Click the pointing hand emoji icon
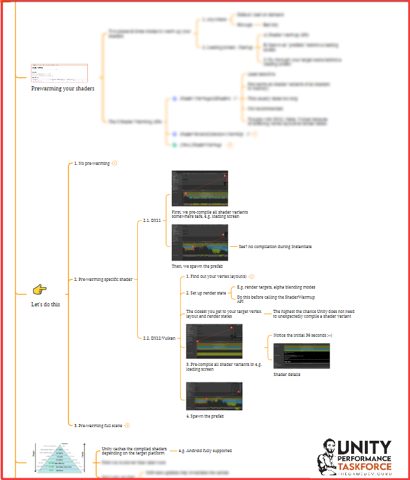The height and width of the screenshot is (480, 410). point(40,290)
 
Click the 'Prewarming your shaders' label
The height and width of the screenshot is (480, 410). point(63,89)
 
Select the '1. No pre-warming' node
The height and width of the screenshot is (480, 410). point(92,163)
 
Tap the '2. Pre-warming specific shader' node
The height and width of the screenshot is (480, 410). point(103,279)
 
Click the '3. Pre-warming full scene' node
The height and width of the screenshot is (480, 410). point(97,425)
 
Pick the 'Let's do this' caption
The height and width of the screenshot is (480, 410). point(46,304)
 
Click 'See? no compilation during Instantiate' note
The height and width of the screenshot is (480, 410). point(275,246)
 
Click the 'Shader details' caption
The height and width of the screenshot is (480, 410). point(287,375)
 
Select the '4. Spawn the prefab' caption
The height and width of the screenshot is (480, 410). point(205,415)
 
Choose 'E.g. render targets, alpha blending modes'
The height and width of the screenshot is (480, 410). point(276,287)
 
